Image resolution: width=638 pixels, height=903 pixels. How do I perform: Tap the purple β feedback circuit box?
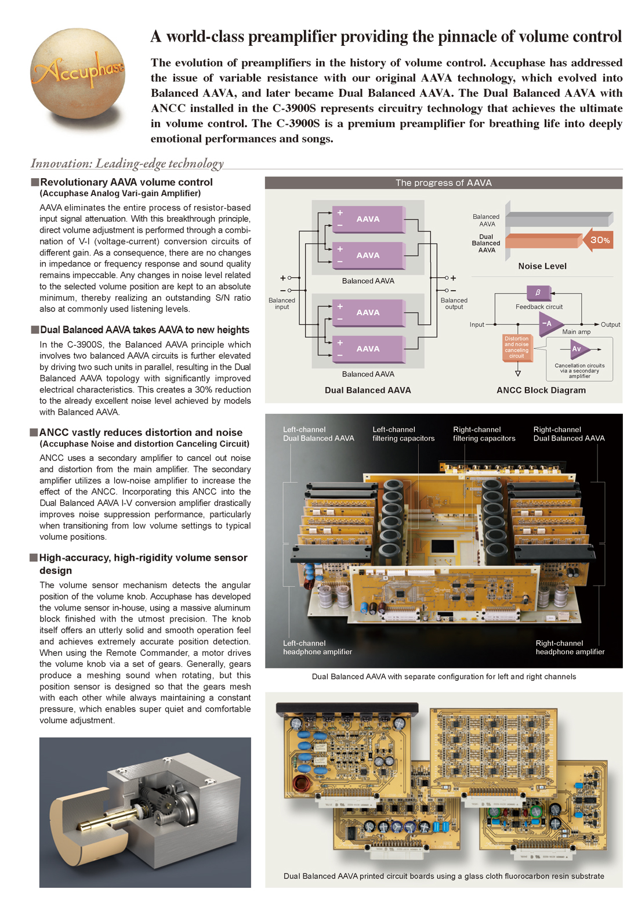coord(538,292)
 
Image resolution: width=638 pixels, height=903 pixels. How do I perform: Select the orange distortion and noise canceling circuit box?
coord(516,348)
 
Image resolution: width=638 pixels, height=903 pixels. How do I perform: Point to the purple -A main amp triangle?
coord(549,324)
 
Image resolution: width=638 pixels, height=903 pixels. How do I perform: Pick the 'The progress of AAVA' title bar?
coord(443,183)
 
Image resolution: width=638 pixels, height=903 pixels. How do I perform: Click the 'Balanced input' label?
coord(282,304)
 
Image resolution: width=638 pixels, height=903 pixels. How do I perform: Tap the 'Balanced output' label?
coord(454,304)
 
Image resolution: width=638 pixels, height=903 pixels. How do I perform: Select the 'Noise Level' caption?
coord(542,266)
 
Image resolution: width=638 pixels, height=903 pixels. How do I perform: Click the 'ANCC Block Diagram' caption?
coord(541,391)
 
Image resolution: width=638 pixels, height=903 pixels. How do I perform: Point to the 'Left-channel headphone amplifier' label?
coord(317,648)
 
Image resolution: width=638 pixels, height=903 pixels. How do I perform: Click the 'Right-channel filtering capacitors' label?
coord(484,434)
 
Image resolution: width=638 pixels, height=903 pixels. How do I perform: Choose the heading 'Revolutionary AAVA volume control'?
coord(126,182)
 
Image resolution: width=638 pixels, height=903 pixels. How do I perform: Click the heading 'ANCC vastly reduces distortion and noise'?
coord(140,432)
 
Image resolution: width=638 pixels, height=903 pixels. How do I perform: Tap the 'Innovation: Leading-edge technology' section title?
coord(127,164)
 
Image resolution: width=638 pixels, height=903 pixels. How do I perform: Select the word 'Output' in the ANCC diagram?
coord(610,324)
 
